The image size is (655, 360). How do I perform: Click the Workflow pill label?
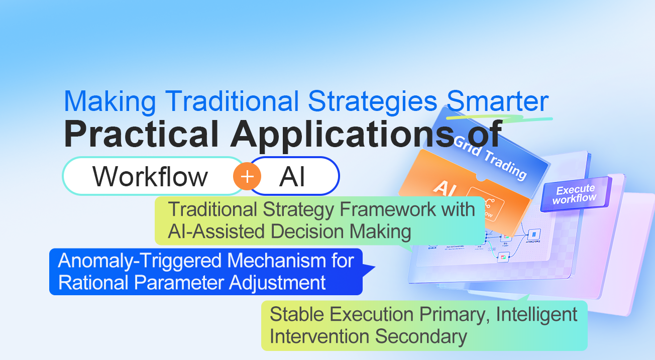click(150, 176)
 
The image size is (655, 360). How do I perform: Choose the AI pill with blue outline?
click(293, 176)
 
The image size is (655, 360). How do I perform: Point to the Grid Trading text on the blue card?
click(490, 156)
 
